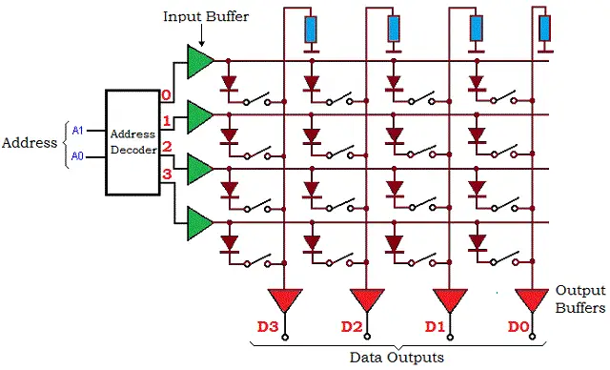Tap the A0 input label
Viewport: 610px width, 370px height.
point(78,156)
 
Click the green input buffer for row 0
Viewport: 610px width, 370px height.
point(201,62)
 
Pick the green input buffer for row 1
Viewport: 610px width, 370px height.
point(201,116)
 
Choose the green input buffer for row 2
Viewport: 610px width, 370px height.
point(201,170)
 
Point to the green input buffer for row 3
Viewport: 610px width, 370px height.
point(201,224)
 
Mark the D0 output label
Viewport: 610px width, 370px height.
point(518,327)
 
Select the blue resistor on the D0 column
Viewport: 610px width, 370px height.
point(544,30)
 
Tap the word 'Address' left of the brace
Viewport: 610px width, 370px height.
point(29,143)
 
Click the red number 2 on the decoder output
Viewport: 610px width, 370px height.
point(166,147)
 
